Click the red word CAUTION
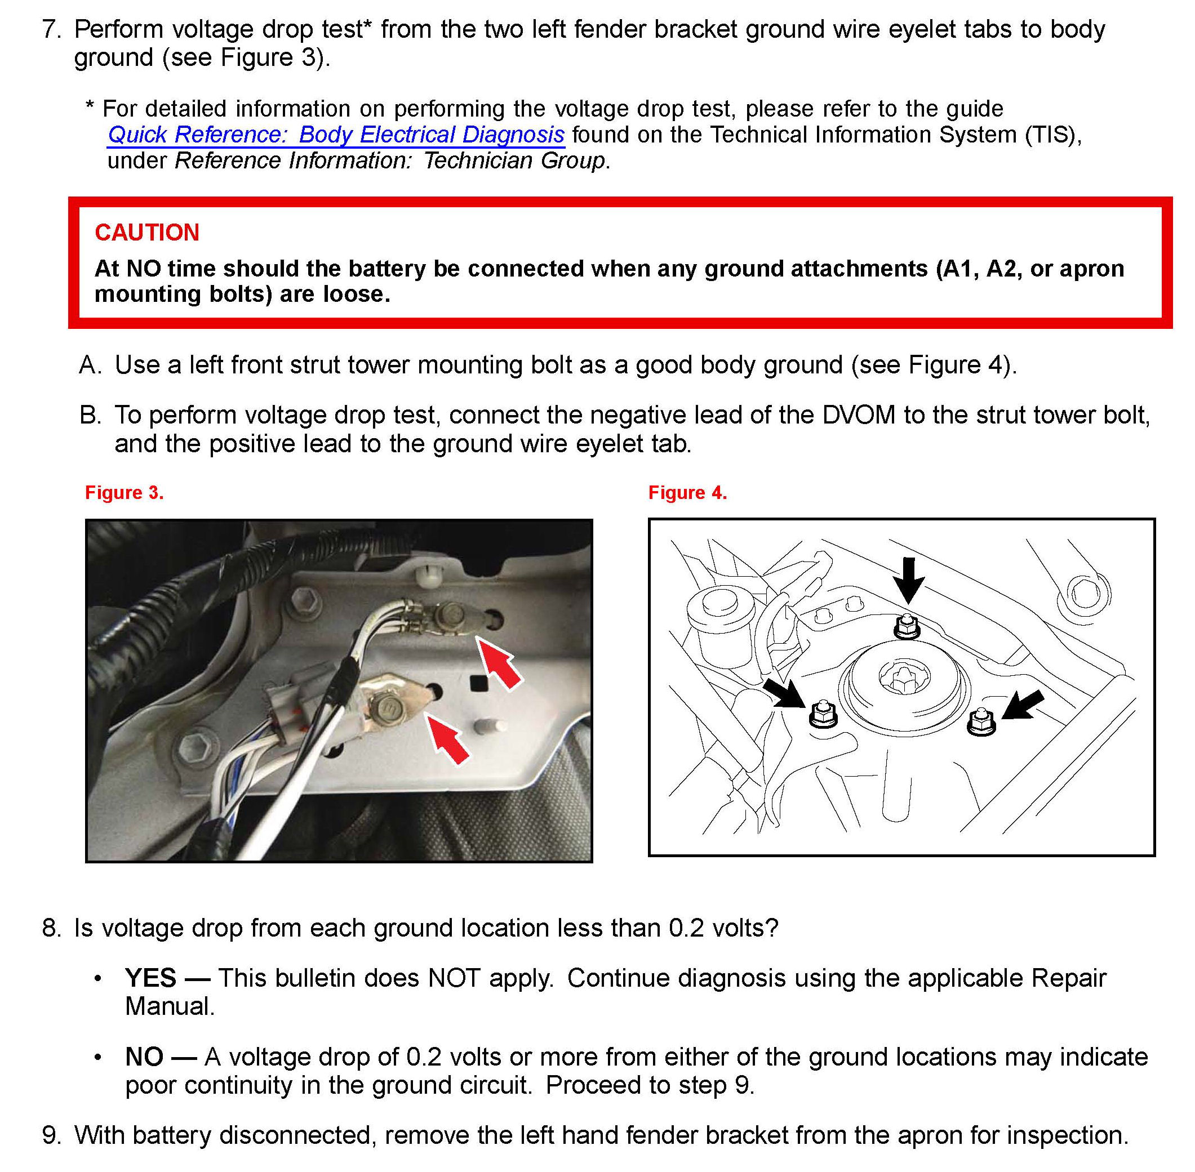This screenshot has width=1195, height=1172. pos(146,232)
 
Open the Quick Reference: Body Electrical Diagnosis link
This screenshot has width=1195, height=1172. pos(336,134)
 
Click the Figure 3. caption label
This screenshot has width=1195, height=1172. pos(125,492)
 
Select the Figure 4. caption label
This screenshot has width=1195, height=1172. pos(687,492)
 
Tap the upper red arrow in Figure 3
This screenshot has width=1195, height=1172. pos(500,663)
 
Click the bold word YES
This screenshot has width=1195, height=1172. pos(150,978)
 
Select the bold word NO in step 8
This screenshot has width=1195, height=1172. pos(144,1057)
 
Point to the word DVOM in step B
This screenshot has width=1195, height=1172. pos(858,415)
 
